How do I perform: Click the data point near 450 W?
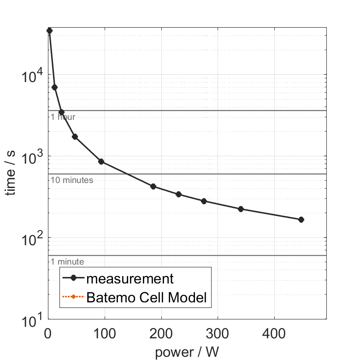pos(301,220)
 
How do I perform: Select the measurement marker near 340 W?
pos(241,209)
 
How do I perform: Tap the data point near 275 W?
pos(204,201)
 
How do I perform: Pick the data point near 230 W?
pos(178,195)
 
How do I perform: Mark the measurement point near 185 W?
pos(153,187)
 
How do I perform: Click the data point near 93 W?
pos(101,162)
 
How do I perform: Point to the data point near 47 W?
pos(75,137)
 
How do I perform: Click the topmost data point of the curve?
pos(49,30)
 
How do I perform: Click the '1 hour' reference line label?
pos(63,117)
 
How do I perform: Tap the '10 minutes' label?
pos(72,180)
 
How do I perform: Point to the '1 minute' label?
pos(67,262)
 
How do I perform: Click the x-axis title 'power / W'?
pos(187,352)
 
